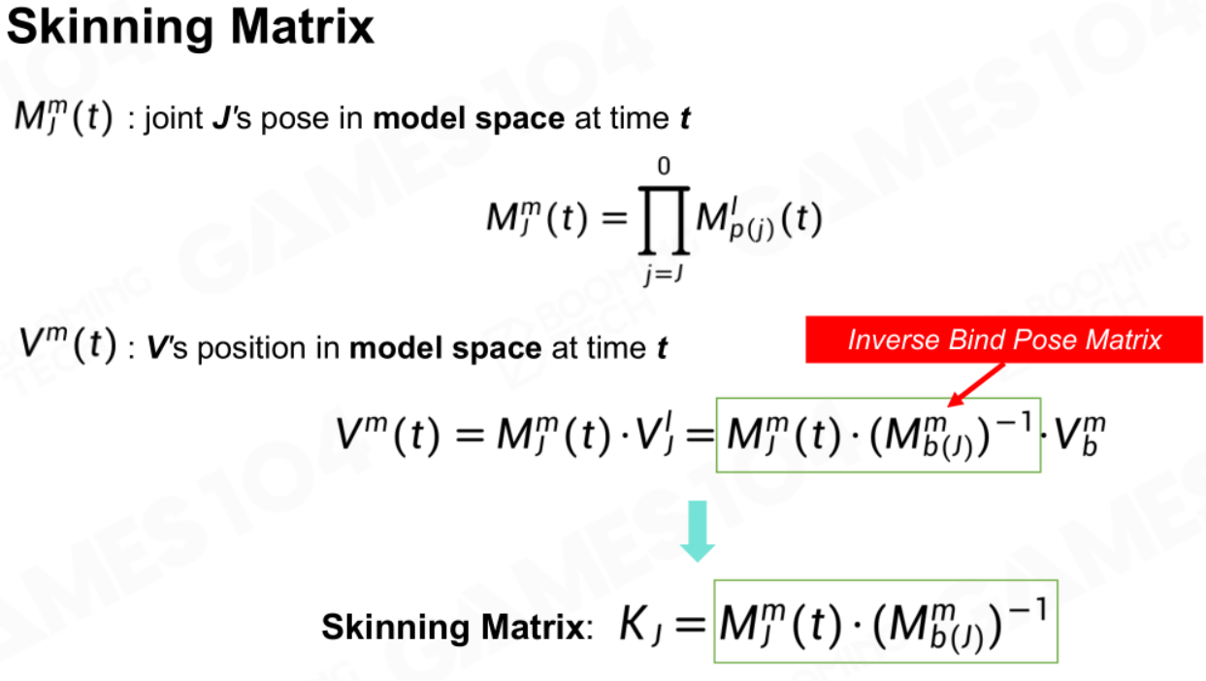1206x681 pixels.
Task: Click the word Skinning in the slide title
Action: pyautogui.click(x=111, y=28)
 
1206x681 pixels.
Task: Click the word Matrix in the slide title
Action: pyautogui.click(x=302, y=26)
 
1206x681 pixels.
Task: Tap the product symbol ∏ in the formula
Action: pyautogui.click(x=664, y=220)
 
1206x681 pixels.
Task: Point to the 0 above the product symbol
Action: pyautogui.click(x=664, y=166)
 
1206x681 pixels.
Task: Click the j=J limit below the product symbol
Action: pyautogui.click(x=664, y=275)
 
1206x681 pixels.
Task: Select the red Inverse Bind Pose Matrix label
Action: pyautogui.click(x=1004, y=340)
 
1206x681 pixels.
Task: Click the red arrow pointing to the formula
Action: pyautogui.click(x=975, y=385)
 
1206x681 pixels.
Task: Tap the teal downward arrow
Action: pyautogui.click(x=698, y=532)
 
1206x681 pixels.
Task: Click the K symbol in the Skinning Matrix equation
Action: pyautogui.click(x=634, y=623)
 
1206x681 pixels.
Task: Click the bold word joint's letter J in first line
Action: pyautogui.click(x=222, y=118)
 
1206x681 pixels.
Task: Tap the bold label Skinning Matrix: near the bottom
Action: pyautogui.click(x=457, y=628)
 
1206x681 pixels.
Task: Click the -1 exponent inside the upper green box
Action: pyautogui.click(x=1014, y=423)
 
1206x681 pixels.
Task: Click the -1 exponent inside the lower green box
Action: pyautogui.click(x=1028, y=609)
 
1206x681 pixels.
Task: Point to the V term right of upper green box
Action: pyautogui.click(x=1080, y=435)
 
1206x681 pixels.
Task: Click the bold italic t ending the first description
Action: pyautogui.click(x=685, y=118)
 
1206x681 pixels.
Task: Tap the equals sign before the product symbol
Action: pyautogui.click(x=615, y=218)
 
